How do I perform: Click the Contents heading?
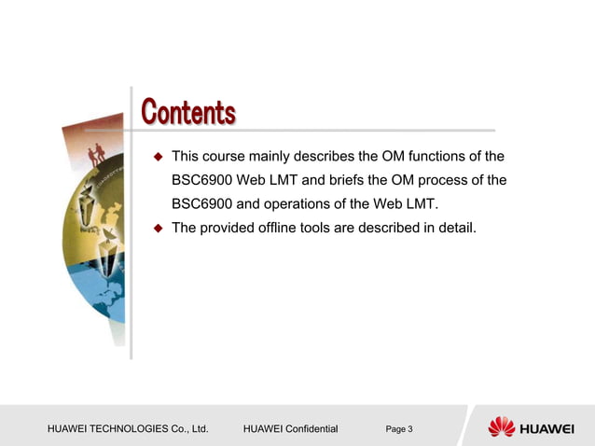click(187, 113)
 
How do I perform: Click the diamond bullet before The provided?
click(159, 228)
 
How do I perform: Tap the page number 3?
click(409, 429)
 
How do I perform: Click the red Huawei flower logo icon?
click(501, 427)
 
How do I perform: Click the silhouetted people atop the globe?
click(95, 154)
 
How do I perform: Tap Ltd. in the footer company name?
click(197, 429)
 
